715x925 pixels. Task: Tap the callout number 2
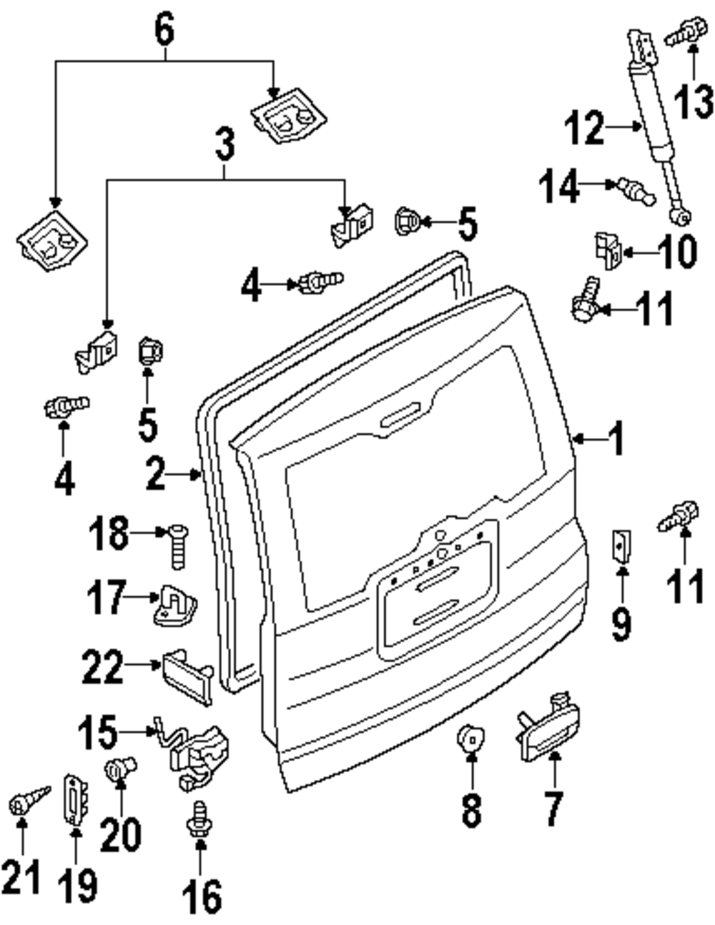pyautogui.click(x=156, y=473)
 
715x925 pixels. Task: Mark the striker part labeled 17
pyautogui.click(x=175, y=605)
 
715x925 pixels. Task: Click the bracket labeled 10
pyautogui.click(x=606, y=251)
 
